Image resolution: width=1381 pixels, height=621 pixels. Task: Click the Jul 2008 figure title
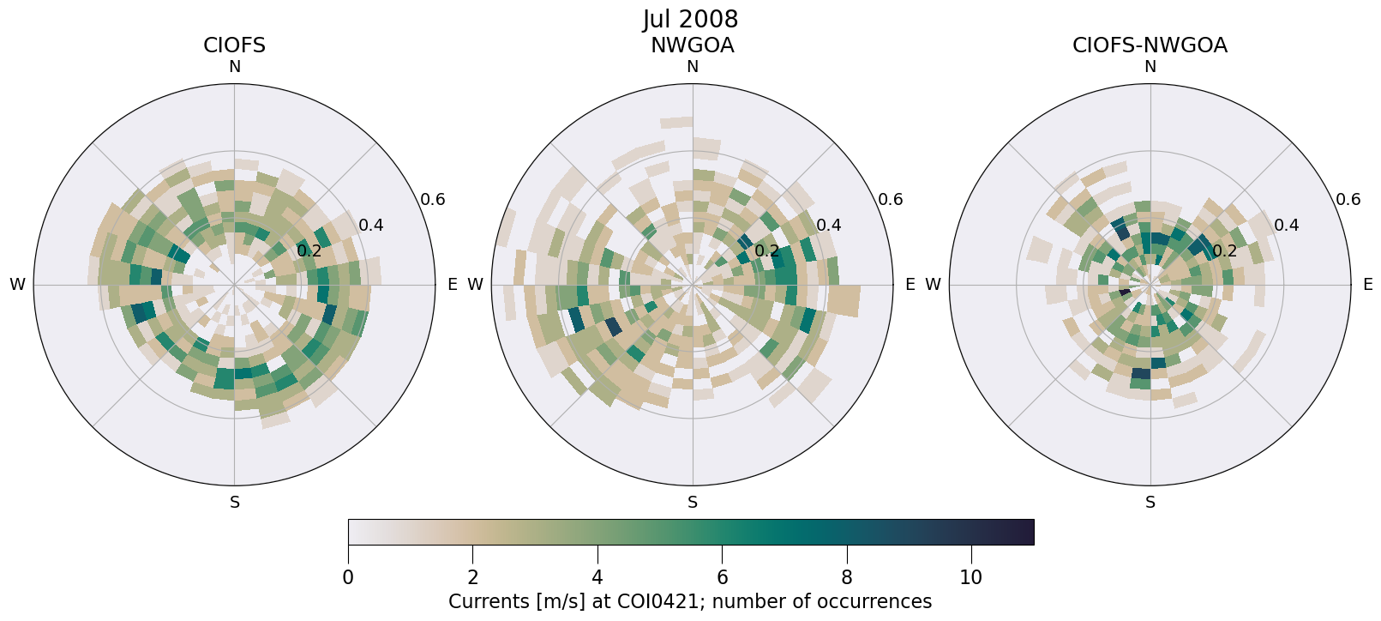coord(690,19)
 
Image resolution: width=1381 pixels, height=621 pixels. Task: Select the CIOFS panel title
coord(234,45)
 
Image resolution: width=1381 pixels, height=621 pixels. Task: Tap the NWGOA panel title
coord(692,45)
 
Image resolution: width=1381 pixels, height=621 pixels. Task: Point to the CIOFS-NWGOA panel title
coord(1150,45)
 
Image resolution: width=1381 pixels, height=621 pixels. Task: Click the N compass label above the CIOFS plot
coord(234,67)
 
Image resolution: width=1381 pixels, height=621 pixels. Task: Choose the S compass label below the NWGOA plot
coord(693,503)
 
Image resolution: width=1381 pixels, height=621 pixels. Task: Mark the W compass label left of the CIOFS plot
coord(17,285)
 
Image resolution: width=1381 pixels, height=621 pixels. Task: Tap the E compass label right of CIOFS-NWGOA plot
coord(1367,285)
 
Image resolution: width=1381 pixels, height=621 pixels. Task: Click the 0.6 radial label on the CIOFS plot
coord(433,200)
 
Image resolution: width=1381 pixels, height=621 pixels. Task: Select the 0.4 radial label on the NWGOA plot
coord(829,226)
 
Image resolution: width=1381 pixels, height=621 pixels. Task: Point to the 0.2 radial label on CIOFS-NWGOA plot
coord(1224,251)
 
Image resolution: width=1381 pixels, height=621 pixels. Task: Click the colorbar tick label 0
coord(348,578)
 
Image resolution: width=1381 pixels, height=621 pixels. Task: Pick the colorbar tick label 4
coord(597,578)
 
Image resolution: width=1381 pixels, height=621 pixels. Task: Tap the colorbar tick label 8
coord(847,578)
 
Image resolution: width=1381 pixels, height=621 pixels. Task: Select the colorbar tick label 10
coord(971,578)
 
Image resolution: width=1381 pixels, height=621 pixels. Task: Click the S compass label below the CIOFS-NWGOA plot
coord(1150,503)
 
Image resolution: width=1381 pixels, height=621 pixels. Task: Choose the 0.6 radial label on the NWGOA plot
coord(891,200)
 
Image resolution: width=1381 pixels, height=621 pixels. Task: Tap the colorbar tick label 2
coord(473,578)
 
